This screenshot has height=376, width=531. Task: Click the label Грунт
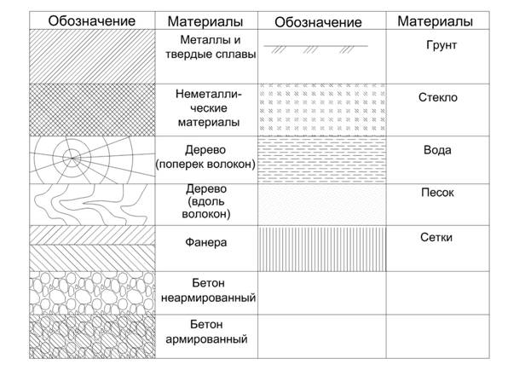(442, 45)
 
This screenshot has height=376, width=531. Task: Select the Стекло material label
(438, 97)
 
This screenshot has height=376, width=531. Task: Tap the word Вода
(437, 150)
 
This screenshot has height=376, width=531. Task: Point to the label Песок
(437, 193)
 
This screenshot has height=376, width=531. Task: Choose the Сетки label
(436, 237)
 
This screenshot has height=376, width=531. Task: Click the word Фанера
(206, 242)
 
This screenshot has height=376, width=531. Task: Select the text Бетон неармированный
(208, 290)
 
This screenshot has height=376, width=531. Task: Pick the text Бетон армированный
(206, 332)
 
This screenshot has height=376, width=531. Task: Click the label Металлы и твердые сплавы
(211, 47)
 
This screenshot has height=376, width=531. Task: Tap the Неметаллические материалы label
(209, 108)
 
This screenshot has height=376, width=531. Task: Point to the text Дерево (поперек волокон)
(205, 157)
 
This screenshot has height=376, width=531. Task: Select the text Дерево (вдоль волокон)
(206, 201)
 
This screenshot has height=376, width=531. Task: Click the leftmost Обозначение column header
(92, 21)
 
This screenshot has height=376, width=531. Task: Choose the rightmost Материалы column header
(436, 21)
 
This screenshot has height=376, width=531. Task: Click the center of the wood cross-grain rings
(72, 158)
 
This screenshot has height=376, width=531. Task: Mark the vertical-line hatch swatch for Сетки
(322, 249)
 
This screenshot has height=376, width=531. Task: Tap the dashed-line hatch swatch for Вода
(322, 160)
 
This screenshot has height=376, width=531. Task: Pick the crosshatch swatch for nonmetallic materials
(92, 110)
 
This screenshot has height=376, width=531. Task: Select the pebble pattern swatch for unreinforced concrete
(92, 293)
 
